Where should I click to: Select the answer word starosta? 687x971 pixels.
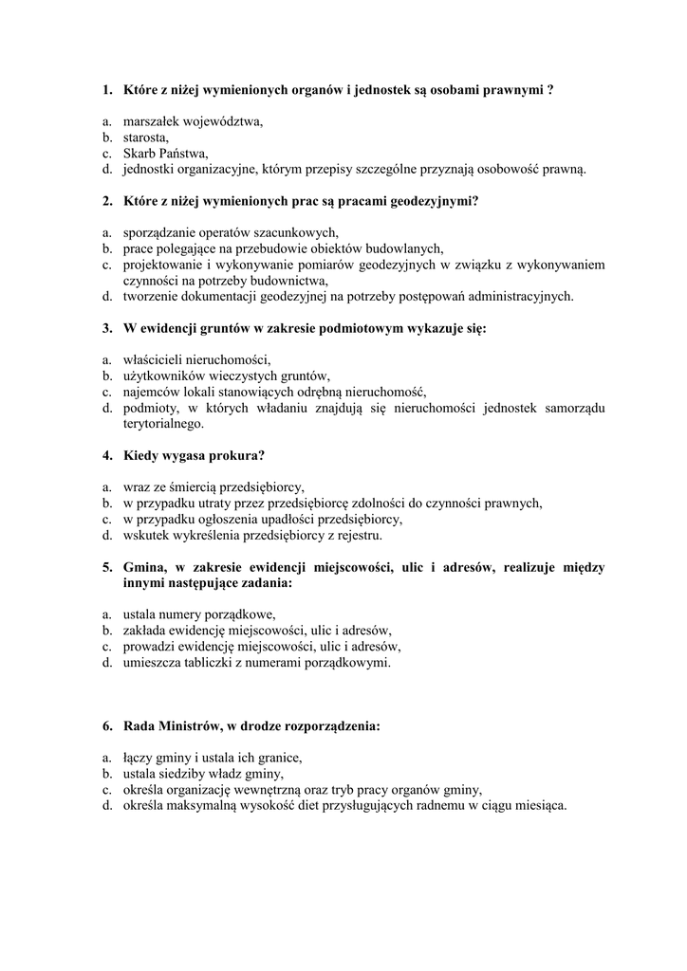tap(146, 137)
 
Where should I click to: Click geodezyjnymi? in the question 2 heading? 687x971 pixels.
tap(433, 201)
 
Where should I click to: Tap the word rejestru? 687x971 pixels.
tap(353, 535)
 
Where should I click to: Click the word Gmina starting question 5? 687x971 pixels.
tap(144, 567)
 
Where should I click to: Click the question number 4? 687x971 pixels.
tap(106, 455)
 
